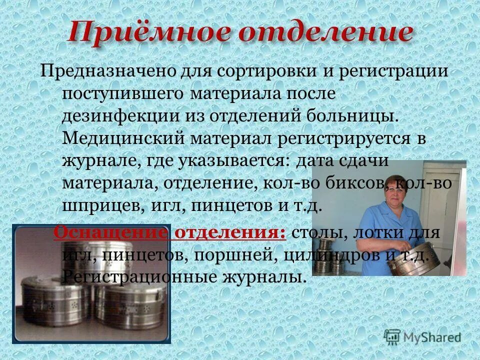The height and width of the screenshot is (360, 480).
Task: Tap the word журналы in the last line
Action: pos(260,277)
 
